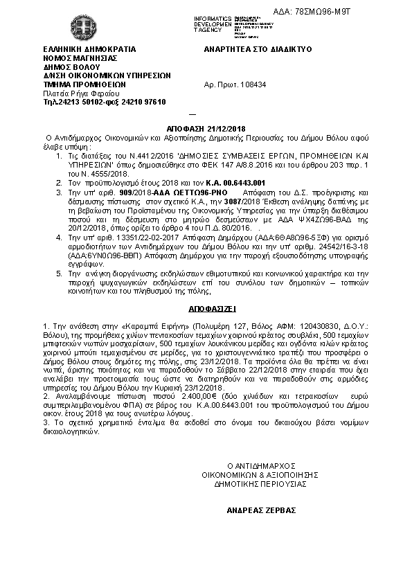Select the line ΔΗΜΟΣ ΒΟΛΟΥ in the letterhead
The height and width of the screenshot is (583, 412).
point(69,68)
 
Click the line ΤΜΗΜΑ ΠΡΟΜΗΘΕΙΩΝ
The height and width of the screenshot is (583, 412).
point(79,84)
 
